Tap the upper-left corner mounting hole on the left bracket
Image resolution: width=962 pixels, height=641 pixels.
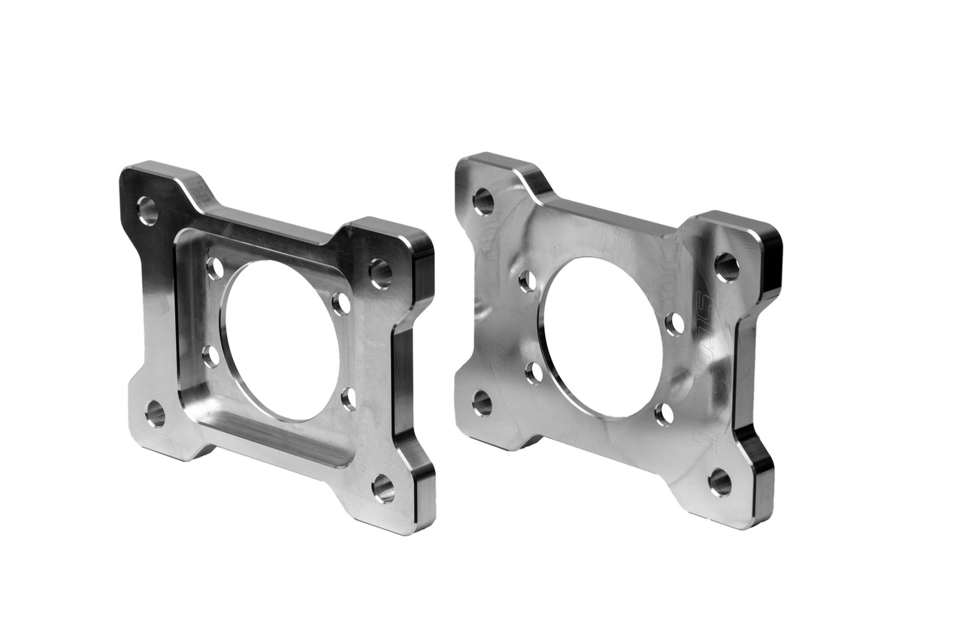click(147, 210)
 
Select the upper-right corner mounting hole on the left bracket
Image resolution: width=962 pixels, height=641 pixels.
click(380, 273)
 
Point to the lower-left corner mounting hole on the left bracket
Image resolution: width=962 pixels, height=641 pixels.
click(155, 413)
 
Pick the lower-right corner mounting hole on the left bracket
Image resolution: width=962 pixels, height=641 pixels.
click(383, 488)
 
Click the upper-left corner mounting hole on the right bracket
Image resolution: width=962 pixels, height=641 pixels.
click(483, 201)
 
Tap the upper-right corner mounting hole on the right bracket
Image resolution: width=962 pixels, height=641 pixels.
click(727, 267)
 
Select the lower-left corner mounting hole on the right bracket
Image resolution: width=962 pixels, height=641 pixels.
click(482, 403)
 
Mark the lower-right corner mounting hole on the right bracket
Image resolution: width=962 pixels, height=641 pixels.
click(719, 482)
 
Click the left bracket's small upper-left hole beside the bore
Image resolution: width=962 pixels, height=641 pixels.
click(215, 268)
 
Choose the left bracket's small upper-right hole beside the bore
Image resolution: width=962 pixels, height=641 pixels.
click(342, 304)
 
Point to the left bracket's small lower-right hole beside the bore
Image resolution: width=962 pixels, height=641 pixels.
click(349, 398)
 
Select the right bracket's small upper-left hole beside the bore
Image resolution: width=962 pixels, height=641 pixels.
click(528, 281)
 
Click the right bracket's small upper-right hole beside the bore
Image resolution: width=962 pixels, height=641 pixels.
click(675, 323)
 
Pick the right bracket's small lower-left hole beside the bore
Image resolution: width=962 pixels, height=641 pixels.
click(534, 373)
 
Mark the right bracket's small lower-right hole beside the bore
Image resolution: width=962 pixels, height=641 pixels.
click(664, 414)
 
